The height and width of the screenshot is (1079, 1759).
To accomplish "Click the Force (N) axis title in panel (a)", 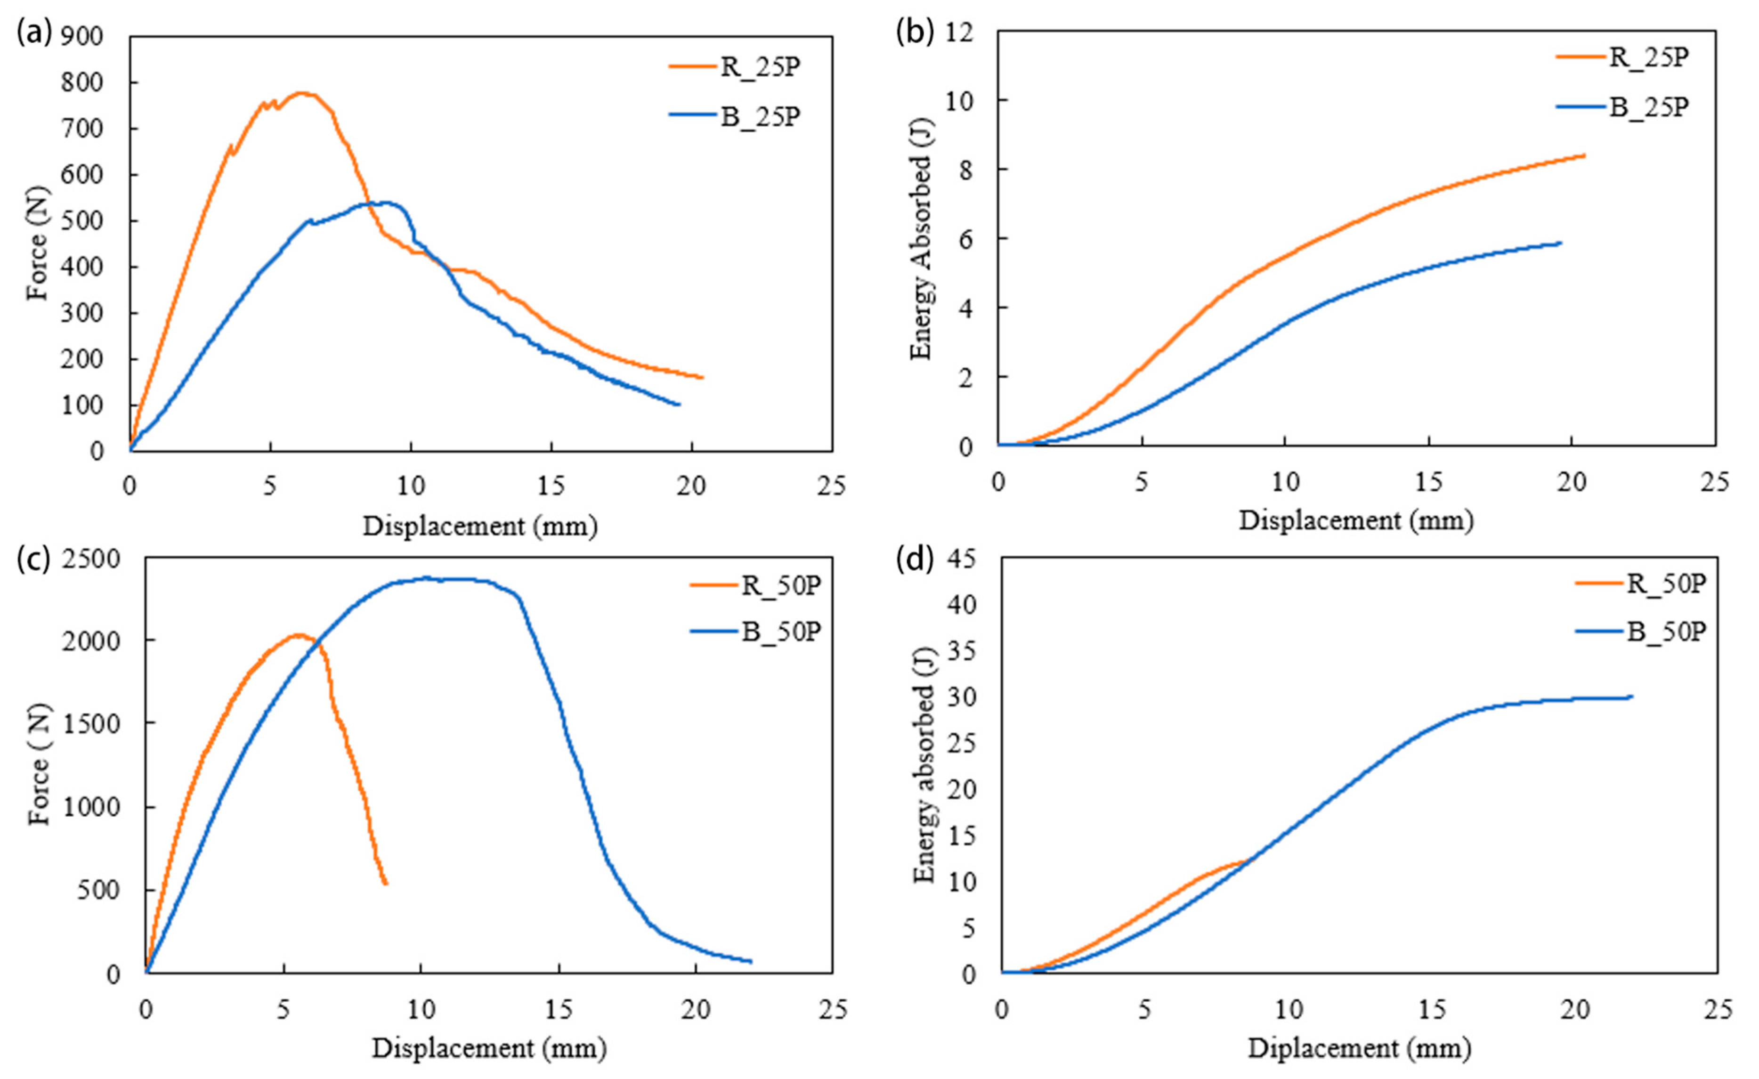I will click(37, 243).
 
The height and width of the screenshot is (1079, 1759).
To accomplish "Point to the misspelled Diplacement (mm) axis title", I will click(1359, 1048).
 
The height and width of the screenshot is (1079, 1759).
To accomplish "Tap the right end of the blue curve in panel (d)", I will click(1632, 696).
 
